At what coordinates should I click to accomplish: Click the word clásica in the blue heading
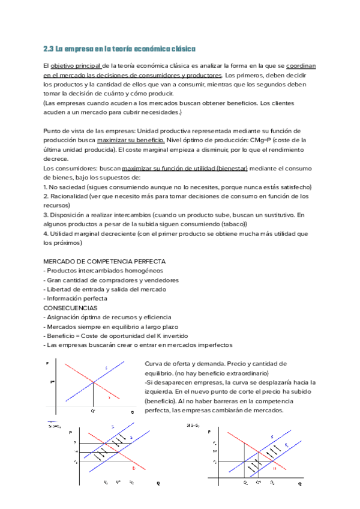coord(182,49)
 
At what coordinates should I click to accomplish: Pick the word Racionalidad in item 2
coord(70,196)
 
